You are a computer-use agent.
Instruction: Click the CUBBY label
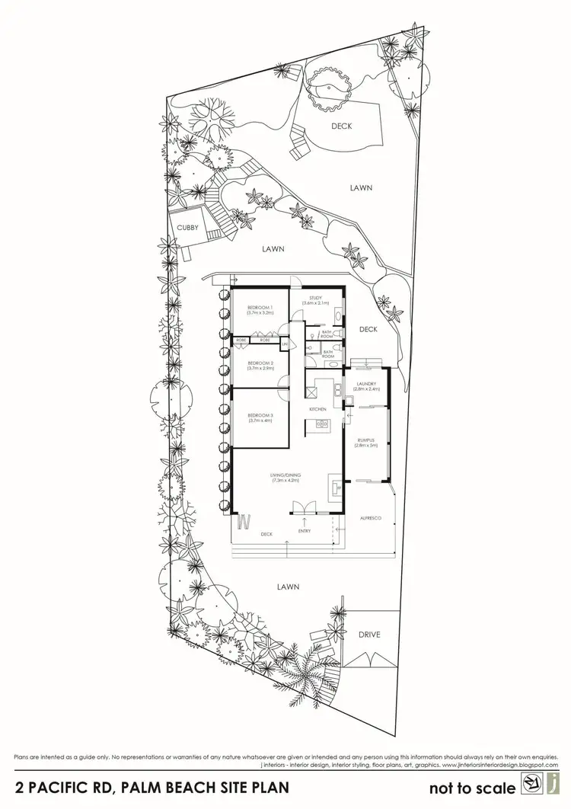coord(187,228)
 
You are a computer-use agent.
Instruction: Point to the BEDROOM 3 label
coord(260,416)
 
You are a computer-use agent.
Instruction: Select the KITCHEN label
coord(317,410)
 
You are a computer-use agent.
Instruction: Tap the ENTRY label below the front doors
coord(305,531)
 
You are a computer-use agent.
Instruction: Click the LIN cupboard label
coord(284,344)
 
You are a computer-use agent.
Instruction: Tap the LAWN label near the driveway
coord(288,587)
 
